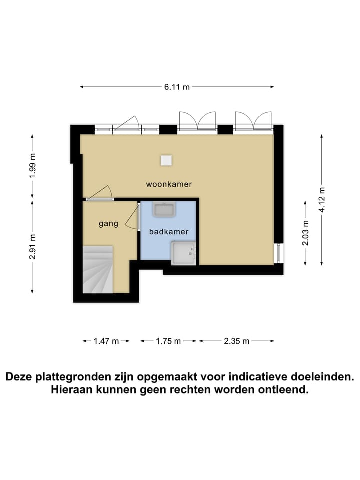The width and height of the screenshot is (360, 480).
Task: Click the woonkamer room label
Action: click(169, 184)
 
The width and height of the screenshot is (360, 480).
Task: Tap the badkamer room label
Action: click(169, 232)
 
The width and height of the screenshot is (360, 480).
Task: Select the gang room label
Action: click(108, 223)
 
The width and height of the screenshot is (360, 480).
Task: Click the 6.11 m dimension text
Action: click(177, 87)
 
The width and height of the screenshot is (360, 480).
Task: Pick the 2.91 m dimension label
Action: click(33, 247)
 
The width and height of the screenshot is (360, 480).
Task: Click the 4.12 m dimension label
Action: click(322, 200)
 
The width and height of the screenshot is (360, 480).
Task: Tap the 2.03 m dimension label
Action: click(305, 233)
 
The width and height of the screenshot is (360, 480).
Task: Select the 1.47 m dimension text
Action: click(106, 341)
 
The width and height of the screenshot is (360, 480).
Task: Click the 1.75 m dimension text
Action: click(168, 341)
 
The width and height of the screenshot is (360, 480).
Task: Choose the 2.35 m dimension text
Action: click(237, 341)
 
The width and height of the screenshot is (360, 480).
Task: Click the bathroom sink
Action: click(164, 210)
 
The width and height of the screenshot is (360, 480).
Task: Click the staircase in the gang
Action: click(98, 270)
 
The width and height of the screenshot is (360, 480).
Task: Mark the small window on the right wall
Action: click(278, 253)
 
